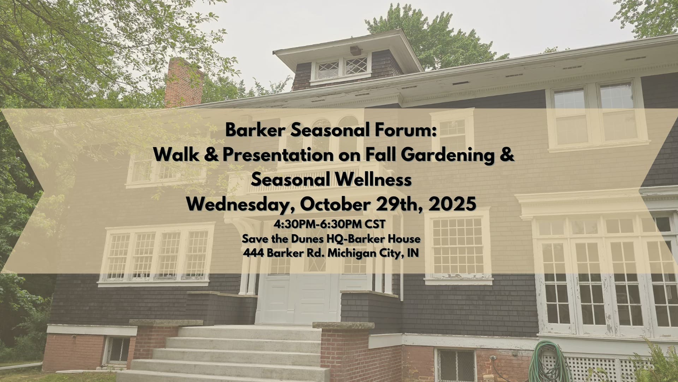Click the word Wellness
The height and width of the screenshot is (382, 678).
coord(371,180)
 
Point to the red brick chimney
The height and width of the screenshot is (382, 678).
coord(184,83)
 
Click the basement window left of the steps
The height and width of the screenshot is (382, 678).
coord(117,351)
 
